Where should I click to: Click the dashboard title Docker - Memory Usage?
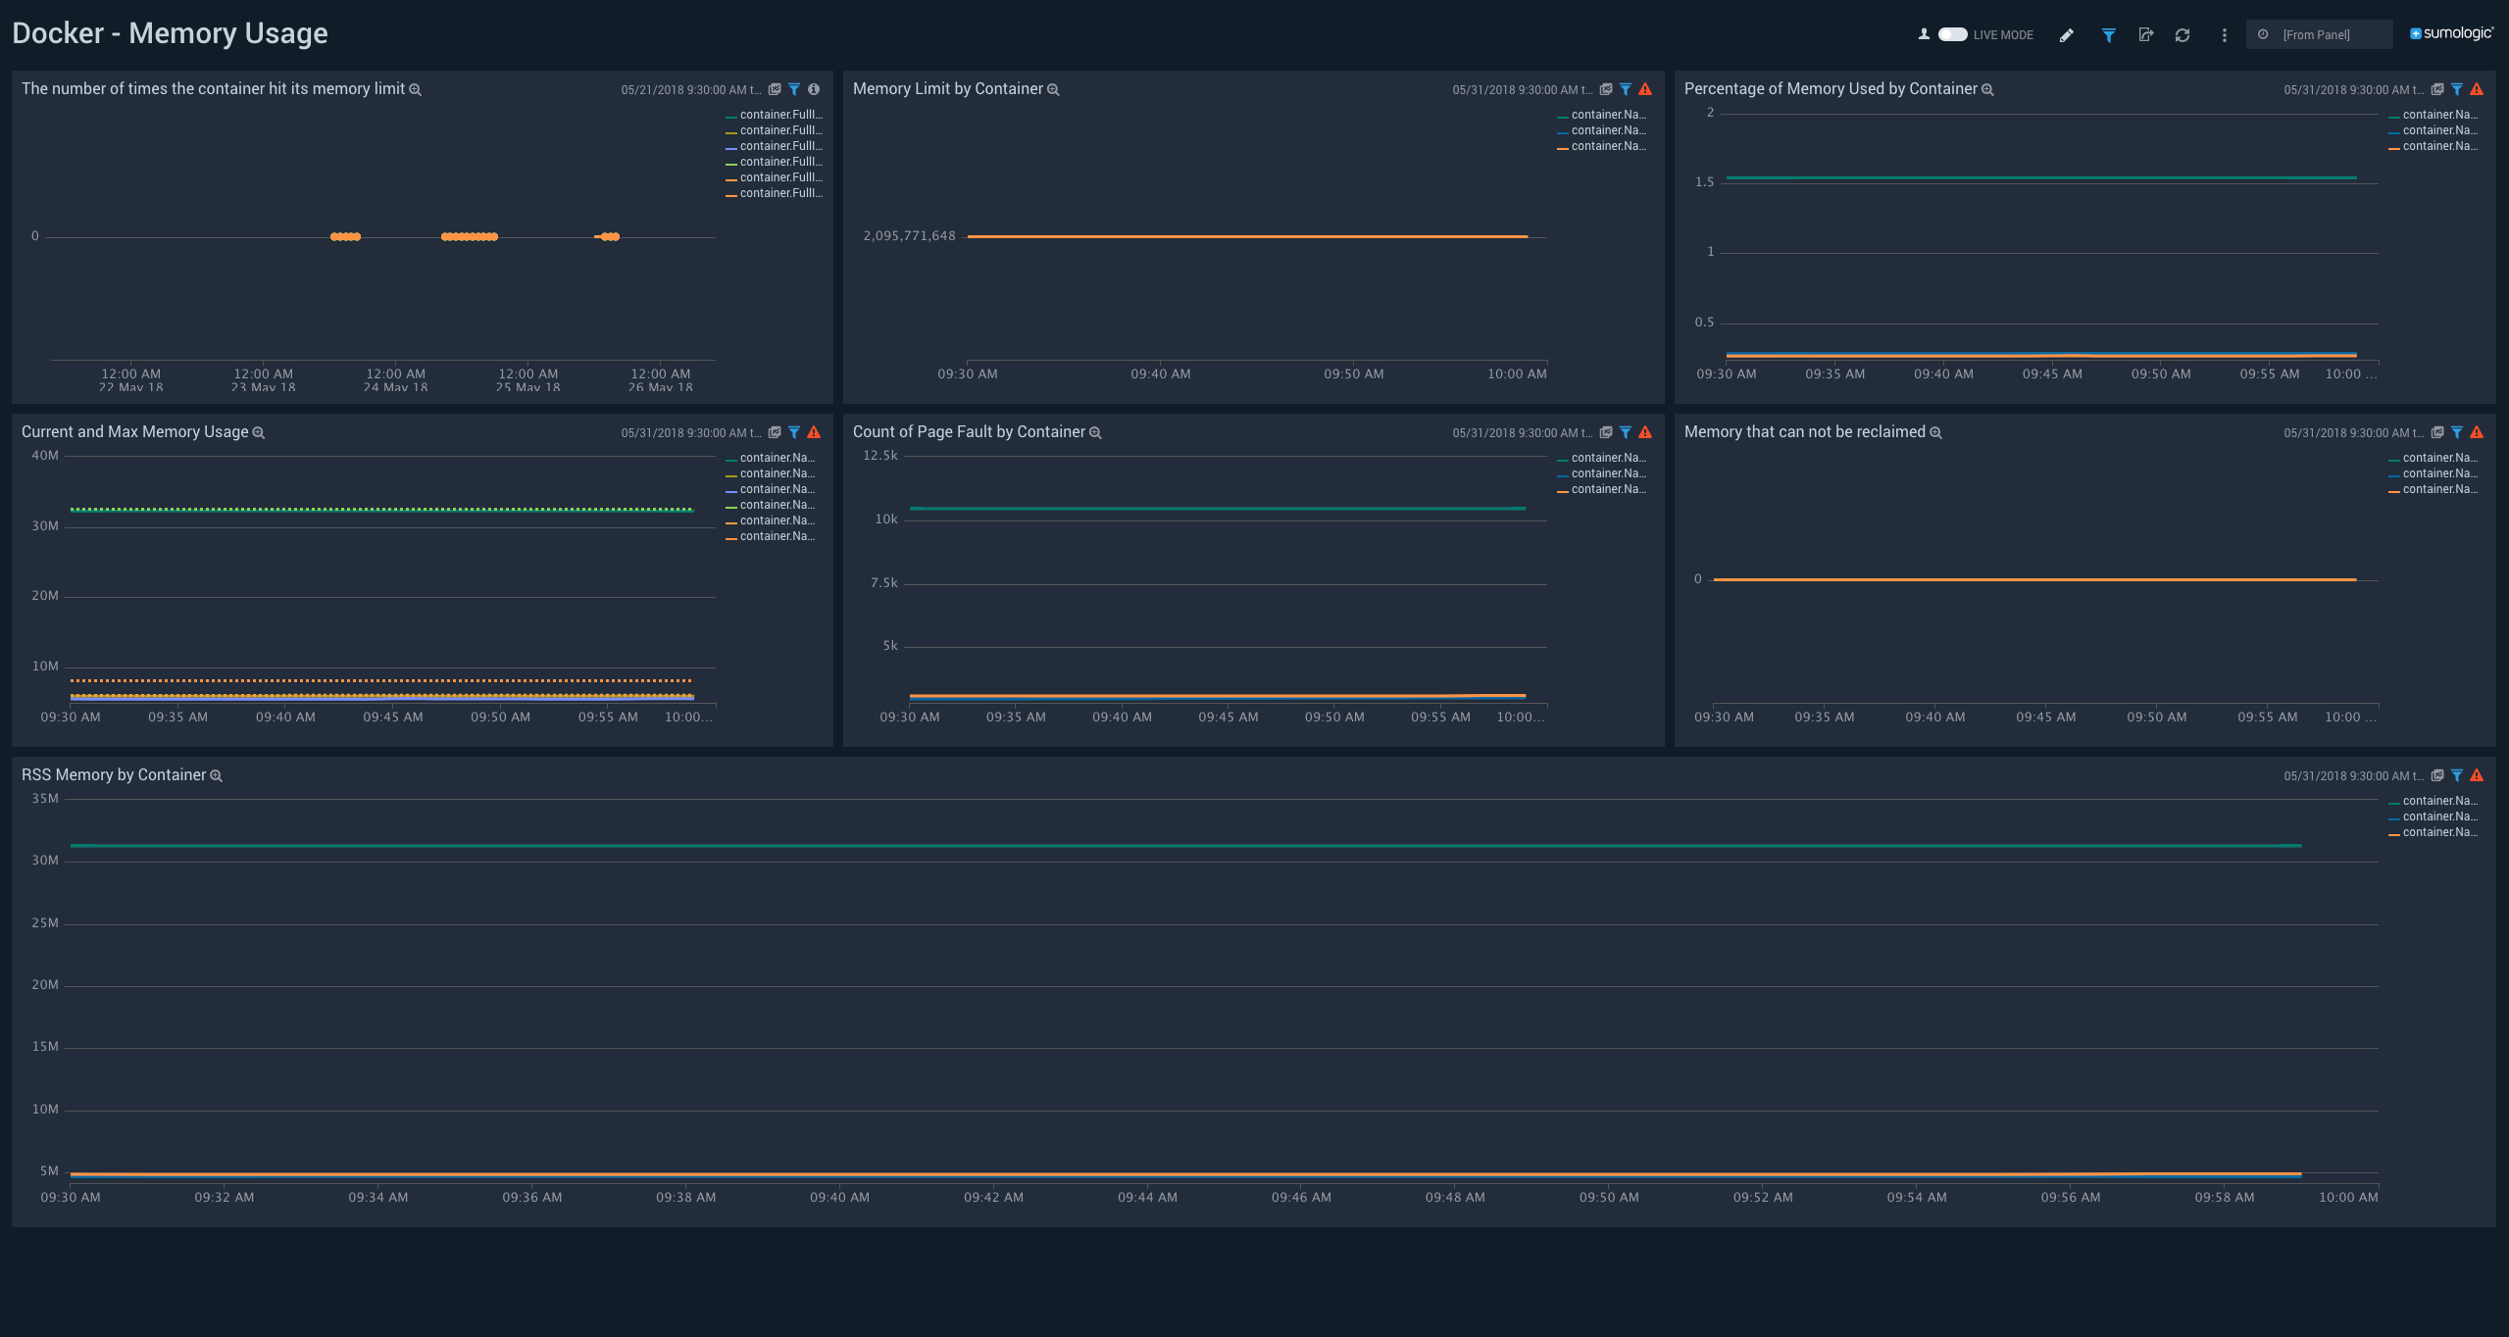point(170,33)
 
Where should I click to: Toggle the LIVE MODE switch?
point(1952,34)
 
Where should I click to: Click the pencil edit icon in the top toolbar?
point(2067,35)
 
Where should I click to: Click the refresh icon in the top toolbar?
point(2183,35)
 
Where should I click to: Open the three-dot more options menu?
point(2224,35)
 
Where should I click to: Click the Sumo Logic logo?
point(2451,33)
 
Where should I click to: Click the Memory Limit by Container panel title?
point(947,89)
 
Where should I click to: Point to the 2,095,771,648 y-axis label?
point(909,236)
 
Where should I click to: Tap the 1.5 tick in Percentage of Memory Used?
point(1704,182)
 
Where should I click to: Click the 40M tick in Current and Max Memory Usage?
point(45,456)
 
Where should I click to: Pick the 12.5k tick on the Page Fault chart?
point(879,456)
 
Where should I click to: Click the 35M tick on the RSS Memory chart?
point(45,799)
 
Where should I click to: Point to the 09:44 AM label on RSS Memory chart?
point(1147,1198)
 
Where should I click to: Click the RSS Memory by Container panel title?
point(114,775)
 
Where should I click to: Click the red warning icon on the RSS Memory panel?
point(2477,775)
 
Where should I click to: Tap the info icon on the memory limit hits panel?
point(814,89)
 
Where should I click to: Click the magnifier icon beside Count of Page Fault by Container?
point(1095,433)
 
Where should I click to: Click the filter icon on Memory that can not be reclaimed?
point(2457,432)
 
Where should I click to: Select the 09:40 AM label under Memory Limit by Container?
point(1160,374)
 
